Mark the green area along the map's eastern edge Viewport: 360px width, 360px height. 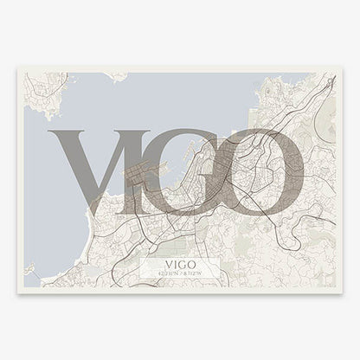pyautogui.click(x=326, y=130)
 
